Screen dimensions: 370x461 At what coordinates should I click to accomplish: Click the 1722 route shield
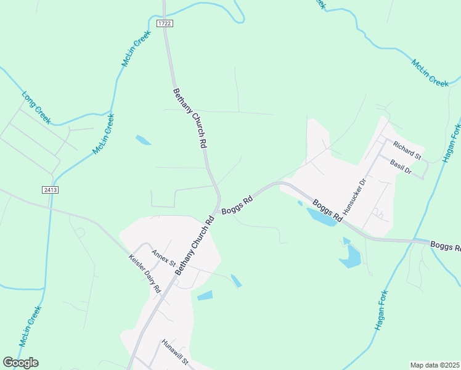point(163,23)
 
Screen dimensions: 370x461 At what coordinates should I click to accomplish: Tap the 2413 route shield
point(51,189)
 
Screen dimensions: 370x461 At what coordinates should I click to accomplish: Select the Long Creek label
point(36,108)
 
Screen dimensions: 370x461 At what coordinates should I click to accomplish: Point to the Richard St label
point(407,150)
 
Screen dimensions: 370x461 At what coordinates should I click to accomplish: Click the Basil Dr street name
point(401,165)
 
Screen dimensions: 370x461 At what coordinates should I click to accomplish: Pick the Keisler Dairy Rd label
point(145,274)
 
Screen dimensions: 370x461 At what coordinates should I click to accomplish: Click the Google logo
point(20,363)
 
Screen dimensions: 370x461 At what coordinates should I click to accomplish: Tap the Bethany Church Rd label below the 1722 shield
point(189,118)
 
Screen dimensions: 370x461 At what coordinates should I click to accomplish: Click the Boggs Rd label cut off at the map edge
point(445,247)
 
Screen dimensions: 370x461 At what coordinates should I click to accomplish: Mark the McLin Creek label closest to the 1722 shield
point(136,49)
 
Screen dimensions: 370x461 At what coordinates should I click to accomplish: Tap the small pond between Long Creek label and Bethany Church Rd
point(143,140)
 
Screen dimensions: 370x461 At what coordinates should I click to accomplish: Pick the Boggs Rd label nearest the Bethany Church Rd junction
point(237,204)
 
